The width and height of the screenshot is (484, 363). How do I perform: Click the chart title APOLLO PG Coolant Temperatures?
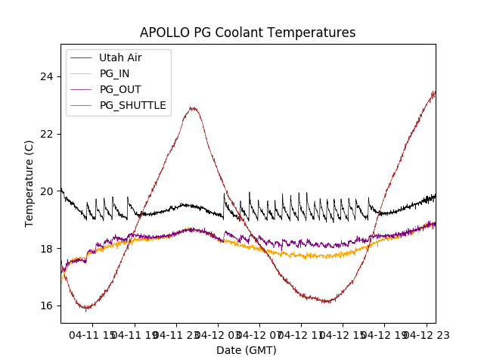coord(247,33)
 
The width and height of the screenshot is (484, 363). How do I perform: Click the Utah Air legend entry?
coord(120,57)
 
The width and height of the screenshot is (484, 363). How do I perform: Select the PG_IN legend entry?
coord(115,73)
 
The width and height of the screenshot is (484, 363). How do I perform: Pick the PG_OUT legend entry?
coord(120,89)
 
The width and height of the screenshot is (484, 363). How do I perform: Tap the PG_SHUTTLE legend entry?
coord(133,105)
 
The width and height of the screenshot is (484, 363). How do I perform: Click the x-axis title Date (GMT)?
coord(247,350)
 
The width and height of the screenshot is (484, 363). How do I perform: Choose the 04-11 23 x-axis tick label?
coord(177,334)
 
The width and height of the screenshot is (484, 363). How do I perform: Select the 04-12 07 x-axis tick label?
coord(259,334)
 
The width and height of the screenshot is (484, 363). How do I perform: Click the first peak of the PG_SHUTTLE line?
coord(194,108)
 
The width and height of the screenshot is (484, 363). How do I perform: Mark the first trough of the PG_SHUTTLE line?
coord(87,309)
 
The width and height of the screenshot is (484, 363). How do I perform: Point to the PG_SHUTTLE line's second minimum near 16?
coord(327,302)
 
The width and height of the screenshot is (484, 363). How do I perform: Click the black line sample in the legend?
coord(80,57)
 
